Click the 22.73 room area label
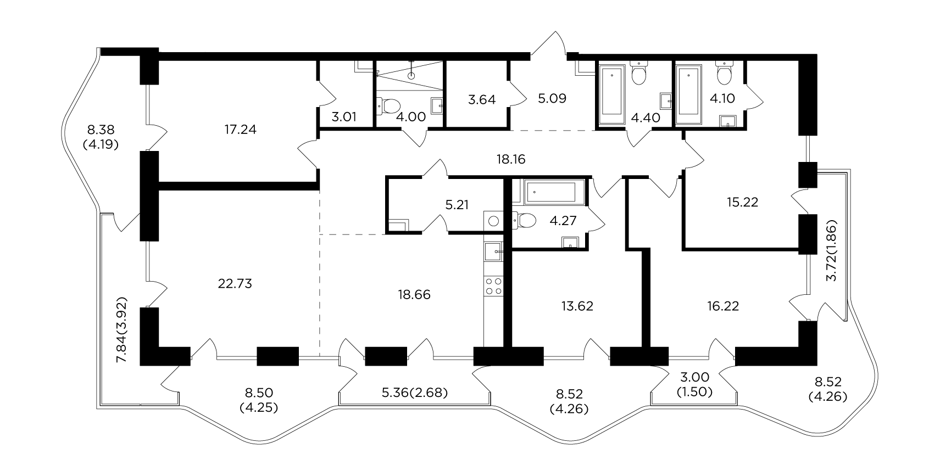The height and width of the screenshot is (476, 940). point(235,284)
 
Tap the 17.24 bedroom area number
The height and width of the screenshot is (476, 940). point(240,130)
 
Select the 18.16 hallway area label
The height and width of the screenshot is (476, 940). point(511,159)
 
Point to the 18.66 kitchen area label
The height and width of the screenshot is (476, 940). point(414,295)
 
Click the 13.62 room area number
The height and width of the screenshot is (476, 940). point(577,306)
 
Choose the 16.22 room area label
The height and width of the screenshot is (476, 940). point(722,306)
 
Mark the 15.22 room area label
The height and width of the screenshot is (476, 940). point(742,203)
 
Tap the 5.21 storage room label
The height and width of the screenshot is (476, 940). point(457,205)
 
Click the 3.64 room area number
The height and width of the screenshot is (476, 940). point(482,100)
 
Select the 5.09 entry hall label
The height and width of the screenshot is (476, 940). point(552,99)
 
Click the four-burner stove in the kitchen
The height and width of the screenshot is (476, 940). point(493,286)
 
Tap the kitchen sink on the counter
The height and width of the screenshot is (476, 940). point(493,251)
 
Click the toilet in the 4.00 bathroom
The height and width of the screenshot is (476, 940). point(390,106)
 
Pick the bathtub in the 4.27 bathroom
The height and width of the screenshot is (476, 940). point(548,192)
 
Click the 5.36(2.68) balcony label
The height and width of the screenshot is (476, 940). point(415,393)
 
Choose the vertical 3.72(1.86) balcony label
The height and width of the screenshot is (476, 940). point(832,250)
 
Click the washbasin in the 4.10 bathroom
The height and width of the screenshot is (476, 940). point(728,121)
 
